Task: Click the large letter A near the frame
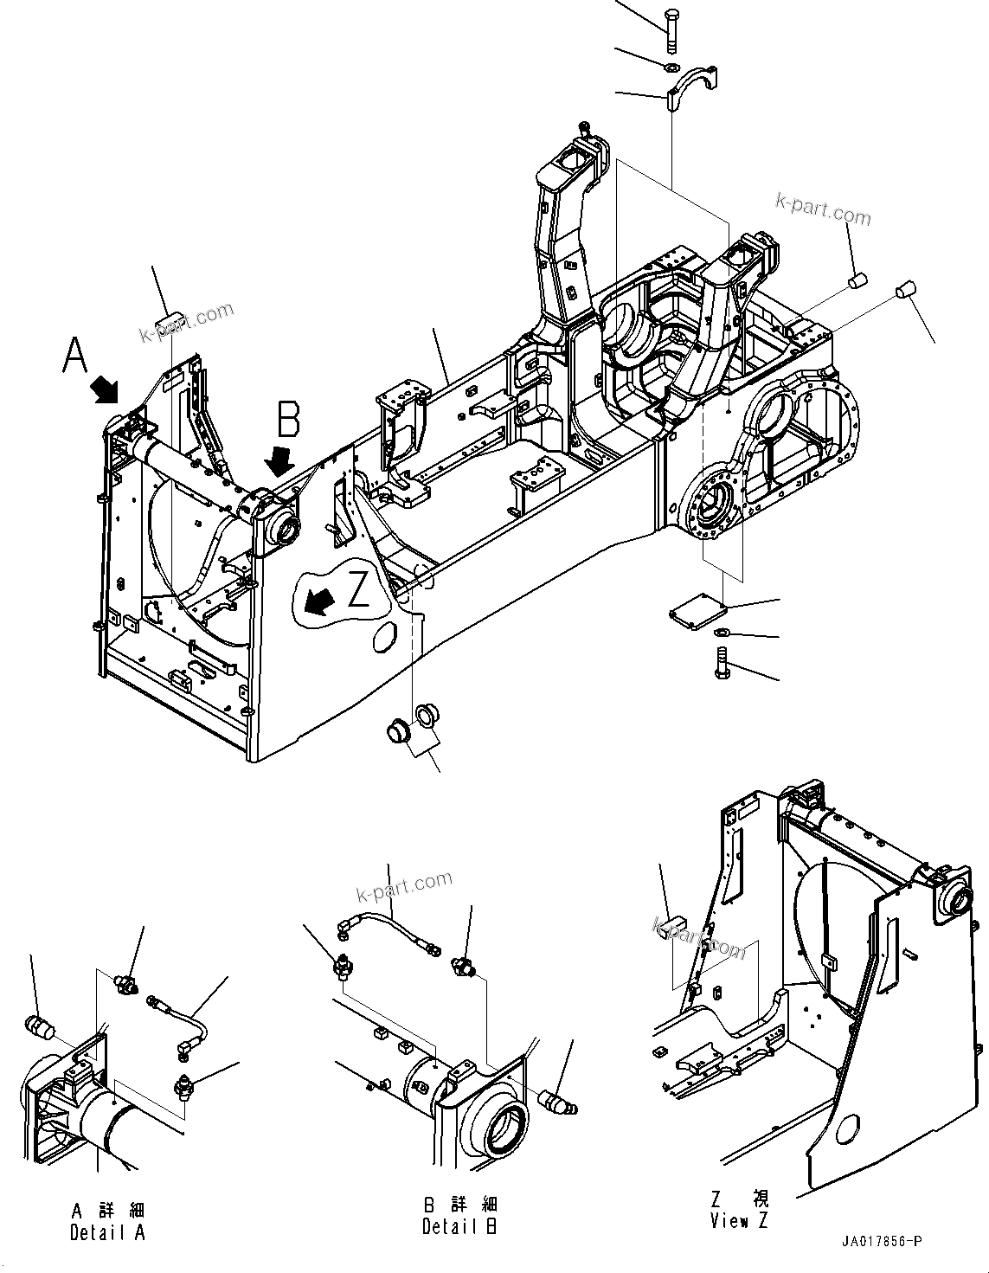point(75,355)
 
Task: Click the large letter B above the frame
point(288,419)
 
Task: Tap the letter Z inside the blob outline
point(358,592)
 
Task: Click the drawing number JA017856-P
point(882,1242)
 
